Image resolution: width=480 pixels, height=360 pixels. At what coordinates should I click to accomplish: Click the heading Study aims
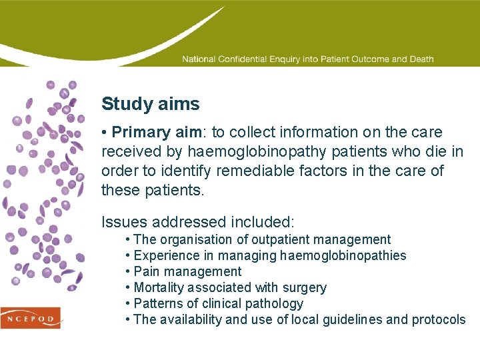[150, 104]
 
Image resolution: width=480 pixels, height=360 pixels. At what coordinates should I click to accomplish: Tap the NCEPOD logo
[31, 317]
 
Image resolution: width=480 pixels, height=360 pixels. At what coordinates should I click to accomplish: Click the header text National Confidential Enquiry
[243, 59]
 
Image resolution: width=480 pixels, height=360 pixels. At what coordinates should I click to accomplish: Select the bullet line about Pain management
[187, 271]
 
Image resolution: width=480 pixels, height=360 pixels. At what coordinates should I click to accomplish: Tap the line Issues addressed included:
[197, 221]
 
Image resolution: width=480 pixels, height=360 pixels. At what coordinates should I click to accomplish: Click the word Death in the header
[421, 59]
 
